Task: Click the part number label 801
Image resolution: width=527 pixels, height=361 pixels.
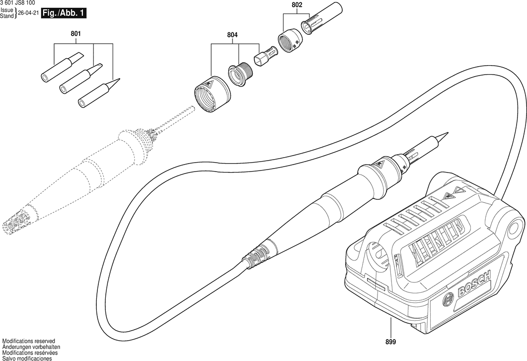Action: pos(75,34)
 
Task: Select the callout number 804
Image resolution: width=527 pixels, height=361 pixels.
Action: pos(232,35)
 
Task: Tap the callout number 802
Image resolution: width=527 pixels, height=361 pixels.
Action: pos(297,4)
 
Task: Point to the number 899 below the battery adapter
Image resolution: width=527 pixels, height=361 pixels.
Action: pos(391,342)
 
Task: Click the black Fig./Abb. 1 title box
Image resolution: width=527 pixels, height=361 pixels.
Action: pos(63,13)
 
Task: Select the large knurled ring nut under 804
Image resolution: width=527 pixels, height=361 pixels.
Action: pos(212,95)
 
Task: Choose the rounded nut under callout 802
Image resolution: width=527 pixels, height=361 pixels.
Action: pos(290,40)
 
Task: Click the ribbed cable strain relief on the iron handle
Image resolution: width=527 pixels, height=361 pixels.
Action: pos(256,255)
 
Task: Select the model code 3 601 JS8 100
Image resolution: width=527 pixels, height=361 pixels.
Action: pos(17,3)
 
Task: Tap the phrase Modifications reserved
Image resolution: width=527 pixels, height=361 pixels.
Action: pos(28,341)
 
